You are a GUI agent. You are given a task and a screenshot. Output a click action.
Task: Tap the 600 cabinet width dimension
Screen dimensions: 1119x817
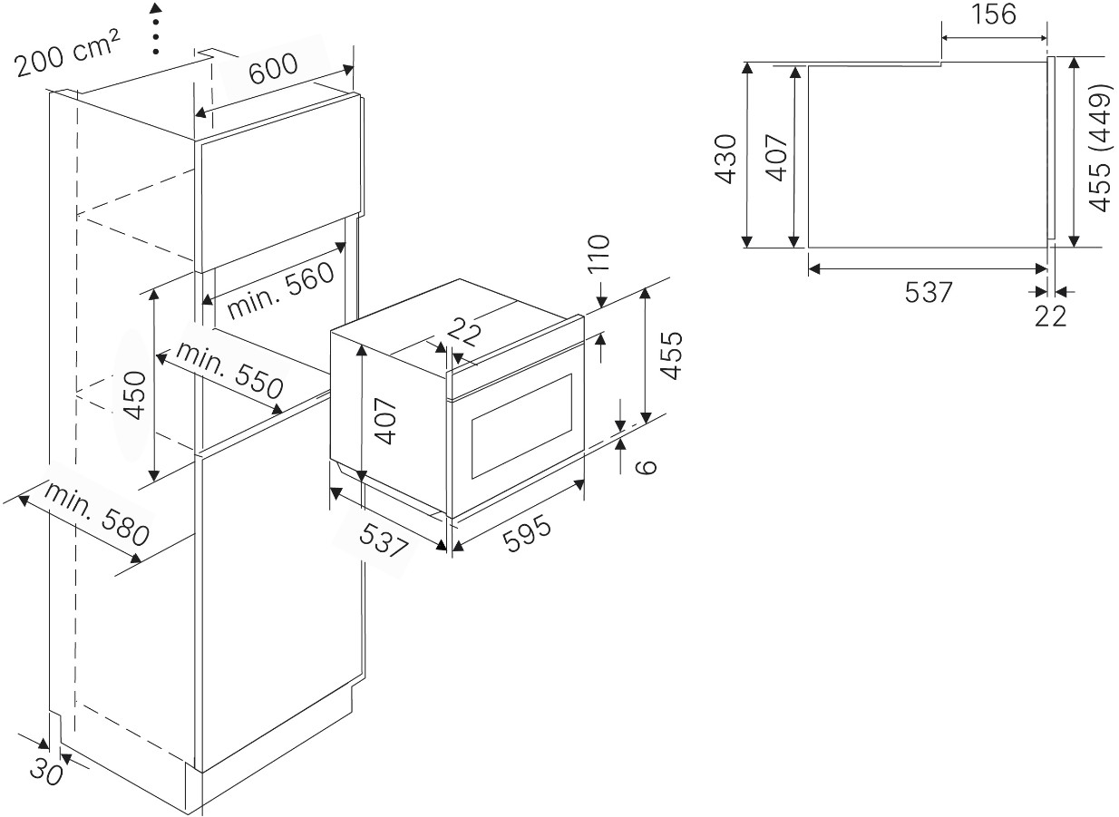coord(273,67)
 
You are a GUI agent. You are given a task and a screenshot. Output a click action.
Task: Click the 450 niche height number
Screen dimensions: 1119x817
coord(135,395)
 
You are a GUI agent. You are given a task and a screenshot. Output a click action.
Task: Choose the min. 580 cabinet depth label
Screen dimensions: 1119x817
coord(96,514)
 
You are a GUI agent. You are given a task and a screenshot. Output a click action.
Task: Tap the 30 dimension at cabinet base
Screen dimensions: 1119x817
coord(46,774)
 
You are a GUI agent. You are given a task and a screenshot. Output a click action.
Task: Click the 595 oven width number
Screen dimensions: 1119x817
coord(527,534)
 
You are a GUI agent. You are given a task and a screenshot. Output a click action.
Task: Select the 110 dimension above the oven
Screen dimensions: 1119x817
coord(598,253)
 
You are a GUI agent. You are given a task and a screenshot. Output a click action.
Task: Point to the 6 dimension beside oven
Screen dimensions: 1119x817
coord(647,466)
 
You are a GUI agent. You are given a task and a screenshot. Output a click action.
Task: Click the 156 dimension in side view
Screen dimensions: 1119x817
coord(994,15)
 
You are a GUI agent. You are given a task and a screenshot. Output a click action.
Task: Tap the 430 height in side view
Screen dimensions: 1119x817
coord(725,159)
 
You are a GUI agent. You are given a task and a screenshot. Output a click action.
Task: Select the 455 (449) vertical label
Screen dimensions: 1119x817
coord(1100,147)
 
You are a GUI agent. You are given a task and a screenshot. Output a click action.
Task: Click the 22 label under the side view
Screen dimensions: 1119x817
coord(1050,316)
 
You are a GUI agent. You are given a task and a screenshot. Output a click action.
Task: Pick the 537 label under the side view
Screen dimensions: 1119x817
coord(929,292)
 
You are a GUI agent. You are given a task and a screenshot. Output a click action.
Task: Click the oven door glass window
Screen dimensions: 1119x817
coord(521,425)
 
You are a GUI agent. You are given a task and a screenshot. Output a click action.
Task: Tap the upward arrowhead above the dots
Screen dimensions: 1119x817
coord(156,7)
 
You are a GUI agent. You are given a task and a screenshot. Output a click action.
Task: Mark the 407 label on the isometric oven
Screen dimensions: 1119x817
coord(385,421)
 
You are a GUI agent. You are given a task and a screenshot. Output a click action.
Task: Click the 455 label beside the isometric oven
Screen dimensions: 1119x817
coord(671,355)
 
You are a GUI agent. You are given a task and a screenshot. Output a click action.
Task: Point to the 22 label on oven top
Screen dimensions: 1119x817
coord(464,332)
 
